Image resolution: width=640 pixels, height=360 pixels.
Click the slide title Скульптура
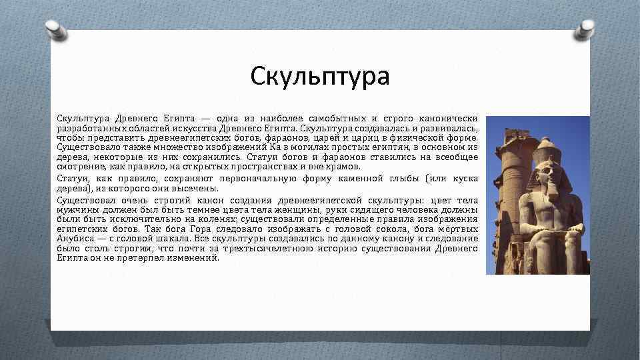coord(320,76)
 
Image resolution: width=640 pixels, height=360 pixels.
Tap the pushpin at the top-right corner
coord(585,28)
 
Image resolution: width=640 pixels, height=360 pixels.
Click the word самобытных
coord(335,118)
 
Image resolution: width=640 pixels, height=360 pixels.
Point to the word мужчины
coord(76,209)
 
